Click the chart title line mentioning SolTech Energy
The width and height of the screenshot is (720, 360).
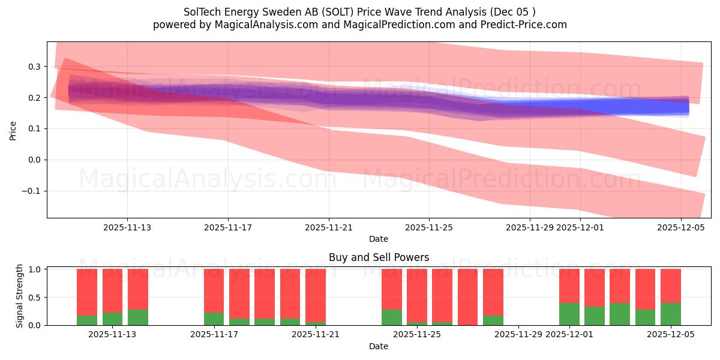(359, 12)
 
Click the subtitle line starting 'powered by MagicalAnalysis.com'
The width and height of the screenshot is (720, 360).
(359, 25)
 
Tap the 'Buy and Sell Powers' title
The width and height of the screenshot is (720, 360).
(379, 257)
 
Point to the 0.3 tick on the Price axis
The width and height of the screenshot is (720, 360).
(35, 67)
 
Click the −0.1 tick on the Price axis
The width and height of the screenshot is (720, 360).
(33, 191)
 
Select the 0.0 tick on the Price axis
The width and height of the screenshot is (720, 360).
(35, 160)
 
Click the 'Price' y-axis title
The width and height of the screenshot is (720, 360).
(13, 130)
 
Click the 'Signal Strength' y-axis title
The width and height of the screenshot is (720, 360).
(20, 296)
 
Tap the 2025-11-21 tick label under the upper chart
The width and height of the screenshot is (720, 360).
(329, 227)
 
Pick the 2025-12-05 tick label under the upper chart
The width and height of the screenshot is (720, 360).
(680, 227)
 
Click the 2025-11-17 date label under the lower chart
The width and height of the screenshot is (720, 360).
(214, 335)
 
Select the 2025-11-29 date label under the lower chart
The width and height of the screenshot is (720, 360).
(518, 335)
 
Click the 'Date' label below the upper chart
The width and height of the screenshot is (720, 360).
(379, 239)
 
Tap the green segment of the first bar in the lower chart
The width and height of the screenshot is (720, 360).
(87, 320)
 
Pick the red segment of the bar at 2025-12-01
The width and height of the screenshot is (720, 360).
(569, 286)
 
